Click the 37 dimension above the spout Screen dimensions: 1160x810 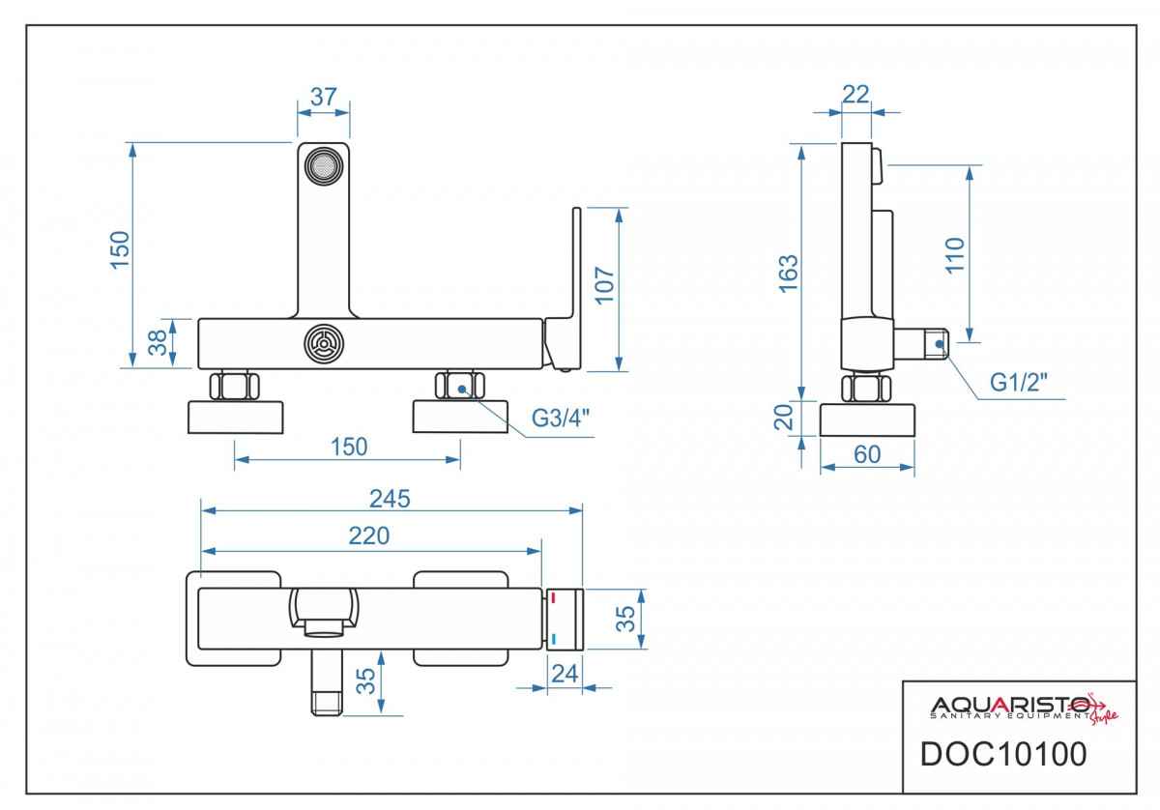(x=324, y=97)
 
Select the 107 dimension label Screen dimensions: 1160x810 (x=604, y=285)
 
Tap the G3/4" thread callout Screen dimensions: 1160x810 (x=561, y=418)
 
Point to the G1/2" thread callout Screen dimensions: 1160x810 (x=1018, y=383)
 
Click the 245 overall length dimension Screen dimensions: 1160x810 (x=390, y=499)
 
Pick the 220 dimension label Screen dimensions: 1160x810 (x=368, y=535)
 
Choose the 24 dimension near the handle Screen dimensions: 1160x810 (x=565, y=674)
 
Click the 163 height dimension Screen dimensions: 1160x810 (x=789, y=274)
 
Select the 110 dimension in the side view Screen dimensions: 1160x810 (x=955, y=255)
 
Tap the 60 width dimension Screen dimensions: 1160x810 (x=867, y=454)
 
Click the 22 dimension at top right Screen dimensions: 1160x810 (x=855, y=95)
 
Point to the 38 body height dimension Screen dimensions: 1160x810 (x=158, y=343)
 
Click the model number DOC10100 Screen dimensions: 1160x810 (x=1003, y=754)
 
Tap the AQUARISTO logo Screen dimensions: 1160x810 (x=1025, y=708)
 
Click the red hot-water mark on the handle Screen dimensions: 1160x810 (x=553, y=597)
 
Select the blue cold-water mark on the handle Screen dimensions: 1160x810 (x=554, y=639)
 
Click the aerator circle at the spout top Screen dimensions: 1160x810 (x=324, y=165)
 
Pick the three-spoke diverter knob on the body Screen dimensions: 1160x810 (x=324, y=344)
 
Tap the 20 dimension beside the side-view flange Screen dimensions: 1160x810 (x=784, y=418)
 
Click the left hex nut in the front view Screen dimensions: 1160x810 (x=234, y=386)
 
